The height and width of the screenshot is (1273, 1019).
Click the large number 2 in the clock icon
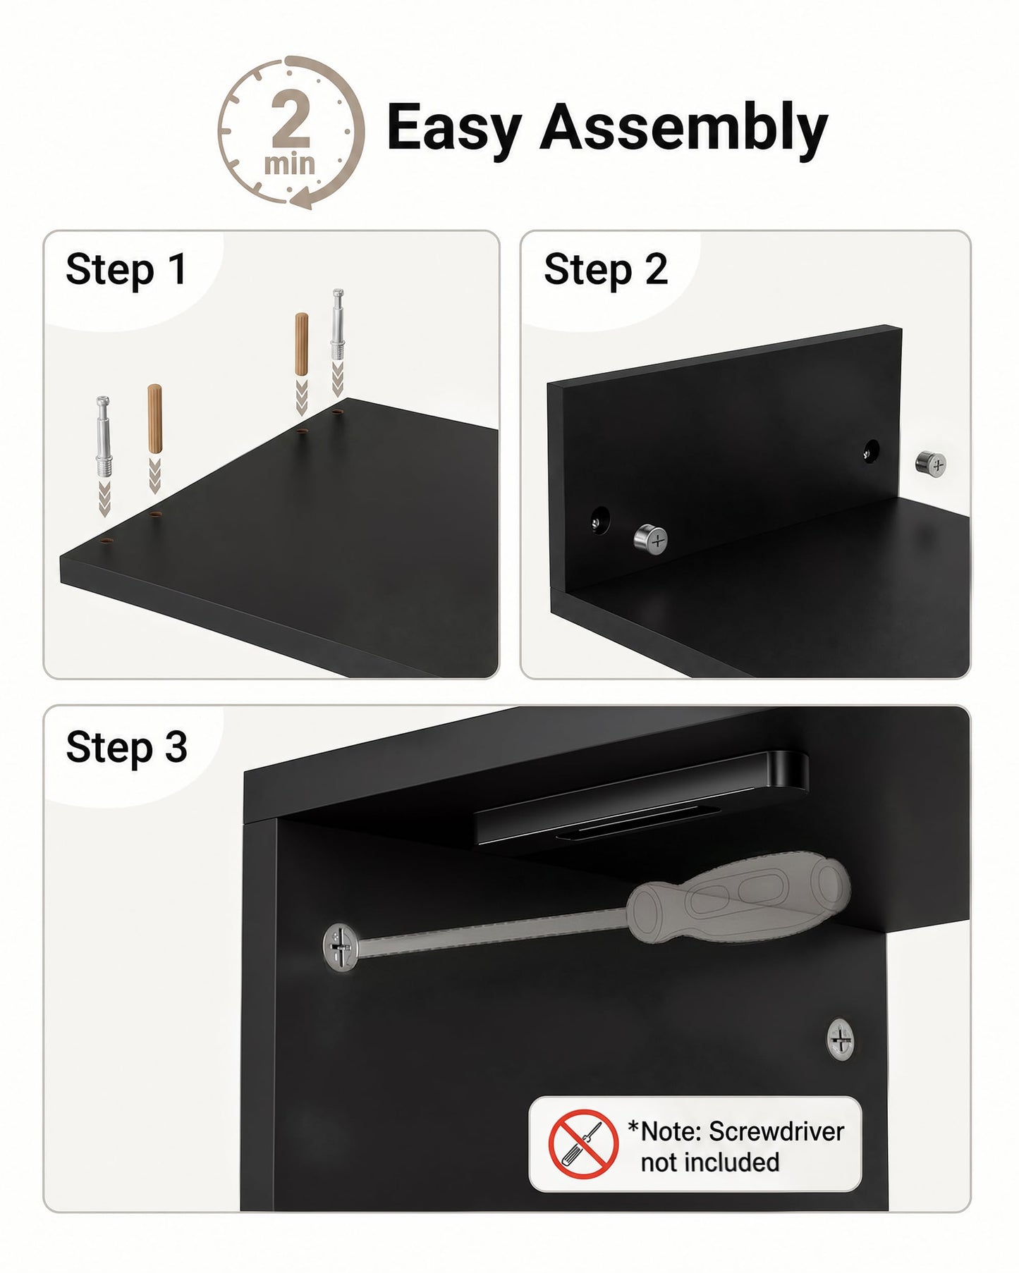pos(290,119)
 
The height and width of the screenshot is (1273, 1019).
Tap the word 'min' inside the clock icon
pos(289,164)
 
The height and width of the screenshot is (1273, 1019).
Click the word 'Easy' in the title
pos(454,128)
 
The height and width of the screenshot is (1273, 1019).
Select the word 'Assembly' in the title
pos(683,128)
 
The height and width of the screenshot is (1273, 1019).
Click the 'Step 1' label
pos(126,269)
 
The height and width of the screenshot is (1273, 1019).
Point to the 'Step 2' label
pos(606,269)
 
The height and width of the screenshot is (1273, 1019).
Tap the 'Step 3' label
pos(127,747)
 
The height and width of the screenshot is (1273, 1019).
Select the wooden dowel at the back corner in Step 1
pos(302,343)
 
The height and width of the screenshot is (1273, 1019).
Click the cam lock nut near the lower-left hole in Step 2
pos(650,541)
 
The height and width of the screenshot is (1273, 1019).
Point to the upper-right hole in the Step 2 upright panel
pos(872,450)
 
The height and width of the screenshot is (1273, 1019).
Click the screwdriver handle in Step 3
pos(740,900)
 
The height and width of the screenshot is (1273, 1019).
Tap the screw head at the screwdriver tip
pos(341,948)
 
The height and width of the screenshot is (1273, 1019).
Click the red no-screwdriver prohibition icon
pos(583,1143)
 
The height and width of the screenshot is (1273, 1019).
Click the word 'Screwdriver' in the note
pos(776,1131)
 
